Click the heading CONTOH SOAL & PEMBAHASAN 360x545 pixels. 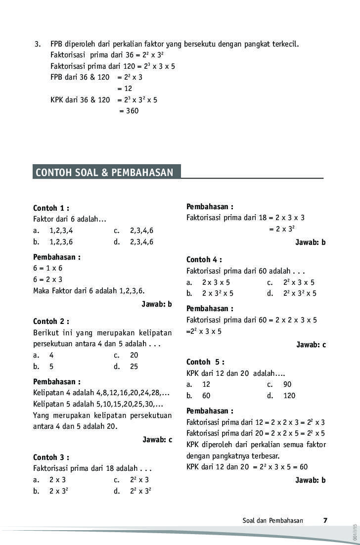(104, 173)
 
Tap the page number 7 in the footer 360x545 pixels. (325, 520)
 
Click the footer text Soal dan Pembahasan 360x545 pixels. (272, 520)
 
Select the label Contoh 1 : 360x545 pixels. (51, 208)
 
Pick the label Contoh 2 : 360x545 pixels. (51, 321)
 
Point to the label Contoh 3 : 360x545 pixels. (51, 457)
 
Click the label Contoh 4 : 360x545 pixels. (204, 260)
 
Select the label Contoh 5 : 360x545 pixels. (205, 362)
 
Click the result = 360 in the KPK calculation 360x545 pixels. (129, 111)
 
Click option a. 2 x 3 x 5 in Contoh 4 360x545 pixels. (208, 282)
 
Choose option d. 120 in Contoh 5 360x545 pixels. (281, 396)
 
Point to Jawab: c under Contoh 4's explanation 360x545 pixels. (311, 345)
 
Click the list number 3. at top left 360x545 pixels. (38, 44)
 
